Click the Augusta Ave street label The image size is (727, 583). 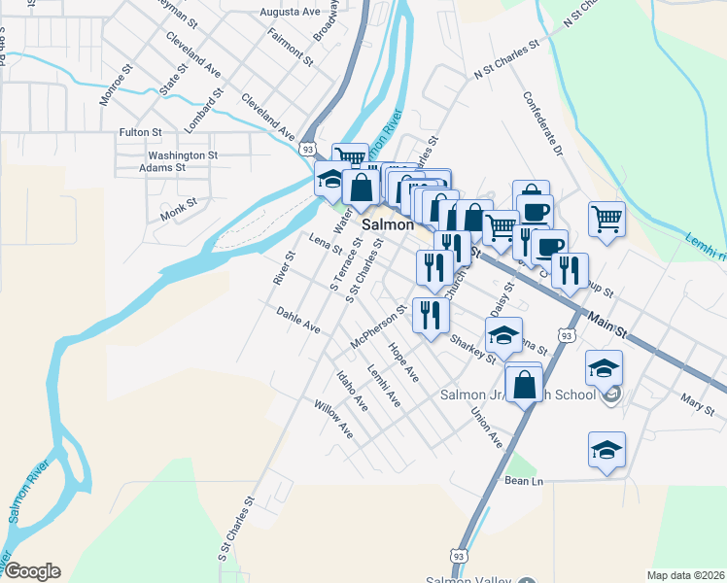click(290, 13)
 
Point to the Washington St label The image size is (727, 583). click(183, 155)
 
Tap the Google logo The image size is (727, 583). click(32, 571)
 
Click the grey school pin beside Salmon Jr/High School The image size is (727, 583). click(610, 394)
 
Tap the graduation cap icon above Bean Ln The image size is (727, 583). click(606, 450)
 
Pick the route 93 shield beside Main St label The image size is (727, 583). click(569, 333)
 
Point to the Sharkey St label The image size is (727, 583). click(473, 347)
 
